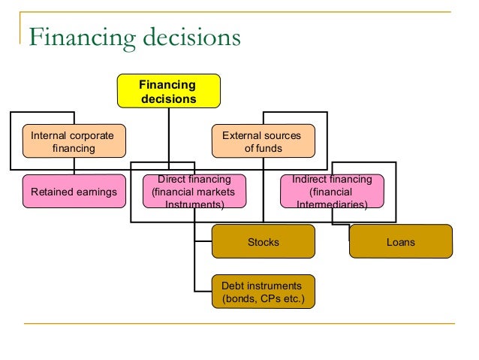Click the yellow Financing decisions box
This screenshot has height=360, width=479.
pyautogui.click(x=168, y=91)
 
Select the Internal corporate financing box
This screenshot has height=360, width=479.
pyautogui.click(x=74, y=142)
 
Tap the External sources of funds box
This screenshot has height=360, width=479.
pyautogui.click(x=263, y=142)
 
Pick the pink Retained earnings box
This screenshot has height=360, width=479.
pyautogui.click(x=74, y=192)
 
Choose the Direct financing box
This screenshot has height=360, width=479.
pyautogui.click(x=194, y=192)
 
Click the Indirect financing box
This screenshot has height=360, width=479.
pyautogui.click(x=332, y=192)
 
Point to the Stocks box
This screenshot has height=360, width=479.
pyautogui.click(x=263, y=242)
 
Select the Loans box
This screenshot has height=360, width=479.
pyautogui.click(x=401, y=242)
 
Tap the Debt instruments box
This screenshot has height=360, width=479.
pyautogui.click(x=263, y=292)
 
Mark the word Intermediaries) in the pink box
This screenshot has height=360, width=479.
pyautogui.click(x=332, y=204)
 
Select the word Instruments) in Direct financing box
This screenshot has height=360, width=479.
pyautogui.click(x=194, y=204)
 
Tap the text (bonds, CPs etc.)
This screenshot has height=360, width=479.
pyautogui.click(x=264, y=298)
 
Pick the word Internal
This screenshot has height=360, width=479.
pyautogui.click(x=47, y=136)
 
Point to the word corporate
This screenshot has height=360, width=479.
pyautogui.click(x=90, y=136)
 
